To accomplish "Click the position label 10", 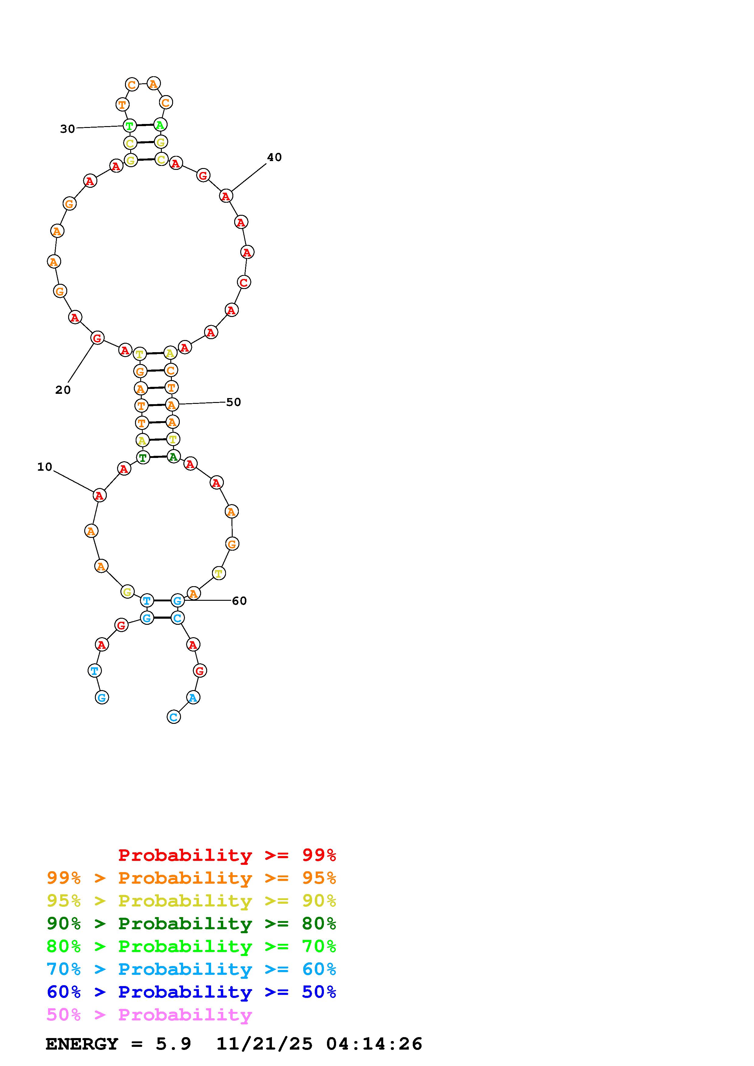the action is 45,467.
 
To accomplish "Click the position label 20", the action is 63,390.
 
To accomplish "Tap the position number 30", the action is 67,129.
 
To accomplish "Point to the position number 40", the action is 274,157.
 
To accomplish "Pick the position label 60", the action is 239,601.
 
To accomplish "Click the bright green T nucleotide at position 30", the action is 130,126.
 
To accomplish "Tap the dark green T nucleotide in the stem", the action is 143,458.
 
